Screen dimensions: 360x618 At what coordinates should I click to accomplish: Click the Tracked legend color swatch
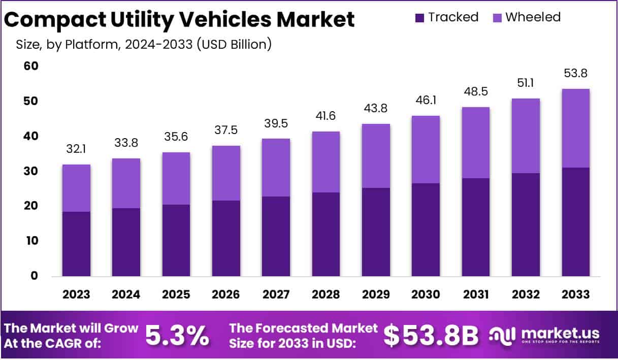(x=419, y=18)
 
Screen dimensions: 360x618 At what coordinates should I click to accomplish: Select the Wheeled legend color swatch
(x=497, y=18)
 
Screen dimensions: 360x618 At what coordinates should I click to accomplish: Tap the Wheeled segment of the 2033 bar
(x=575, y=128)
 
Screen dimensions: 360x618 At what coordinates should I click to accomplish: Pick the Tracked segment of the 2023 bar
(x=76, y=244)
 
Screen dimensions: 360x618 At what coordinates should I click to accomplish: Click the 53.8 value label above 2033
(x=575, y=74)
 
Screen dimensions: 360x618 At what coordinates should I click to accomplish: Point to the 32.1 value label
(x=76, y=149)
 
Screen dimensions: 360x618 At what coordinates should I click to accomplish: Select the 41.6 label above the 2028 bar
(x=326, y=116)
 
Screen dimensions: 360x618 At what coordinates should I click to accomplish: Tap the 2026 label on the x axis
(x=226, y=295)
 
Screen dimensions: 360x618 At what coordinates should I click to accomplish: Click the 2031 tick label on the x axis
(x=476, y=295)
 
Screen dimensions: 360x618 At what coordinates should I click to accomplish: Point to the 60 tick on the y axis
(x=31, y=67)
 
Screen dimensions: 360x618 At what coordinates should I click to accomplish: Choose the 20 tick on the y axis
(x=31, y=206)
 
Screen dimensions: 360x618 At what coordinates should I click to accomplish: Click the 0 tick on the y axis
(x=34, y=276)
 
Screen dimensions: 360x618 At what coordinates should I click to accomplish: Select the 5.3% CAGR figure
(x=177, y=335)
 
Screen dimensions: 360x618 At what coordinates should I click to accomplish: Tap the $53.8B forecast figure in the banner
(x=431, y=335)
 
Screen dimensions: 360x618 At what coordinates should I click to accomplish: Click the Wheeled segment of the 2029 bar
(x=376, y=156)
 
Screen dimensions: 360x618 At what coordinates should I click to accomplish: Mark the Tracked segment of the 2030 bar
(x=426, y=230)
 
